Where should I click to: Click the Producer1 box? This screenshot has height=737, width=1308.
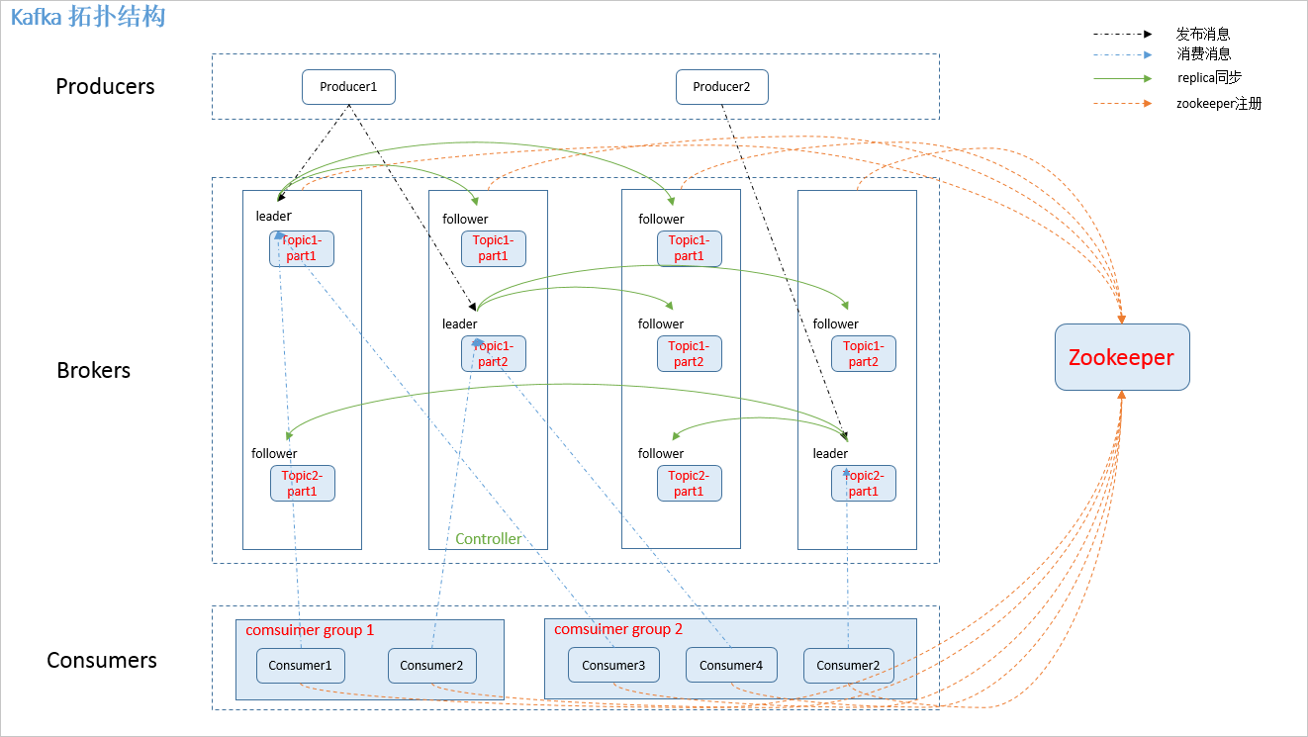coord(348,87)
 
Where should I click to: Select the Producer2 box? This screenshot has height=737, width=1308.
coord(721,87)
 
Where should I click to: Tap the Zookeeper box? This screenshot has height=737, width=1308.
coord(1122,357)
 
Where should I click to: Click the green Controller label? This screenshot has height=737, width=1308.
coord(488,539)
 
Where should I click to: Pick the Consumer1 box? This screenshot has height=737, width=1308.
coord(300,666)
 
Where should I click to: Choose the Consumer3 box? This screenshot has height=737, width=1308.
coord(613,666)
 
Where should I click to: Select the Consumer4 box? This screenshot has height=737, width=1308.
coord(731,666)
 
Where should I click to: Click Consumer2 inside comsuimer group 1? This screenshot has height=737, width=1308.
coord(431,666)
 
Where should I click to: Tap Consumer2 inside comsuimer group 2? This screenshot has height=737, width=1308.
coord(848,666)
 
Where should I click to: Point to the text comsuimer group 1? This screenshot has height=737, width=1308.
coord(310,630)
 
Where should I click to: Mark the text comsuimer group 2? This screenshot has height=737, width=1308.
coord(618,630)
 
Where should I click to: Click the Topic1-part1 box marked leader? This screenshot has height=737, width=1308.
coord(302,248)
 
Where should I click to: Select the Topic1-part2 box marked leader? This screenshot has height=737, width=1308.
coord(493,353)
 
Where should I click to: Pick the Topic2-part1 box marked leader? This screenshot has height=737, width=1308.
coord(863,483)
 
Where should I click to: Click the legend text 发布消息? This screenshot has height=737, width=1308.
coord(1203,34)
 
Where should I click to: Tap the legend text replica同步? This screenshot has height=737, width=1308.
coord(1209,77)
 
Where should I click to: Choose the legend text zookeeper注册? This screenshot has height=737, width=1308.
coord(1219,103)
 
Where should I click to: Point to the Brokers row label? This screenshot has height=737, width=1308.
coord(93,370)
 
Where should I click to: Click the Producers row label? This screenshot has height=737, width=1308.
coord(105,86)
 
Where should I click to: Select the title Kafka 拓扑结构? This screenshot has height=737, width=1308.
coord(88,18)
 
